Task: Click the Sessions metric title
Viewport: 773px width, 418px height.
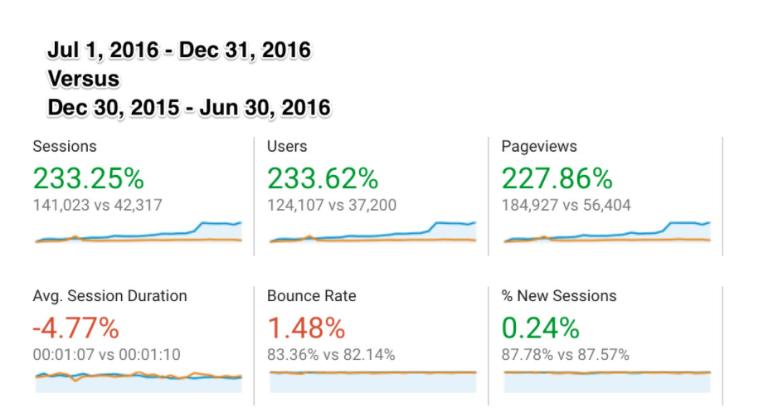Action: coord(65,147)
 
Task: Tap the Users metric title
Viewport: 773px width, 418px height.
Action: coord(287,147)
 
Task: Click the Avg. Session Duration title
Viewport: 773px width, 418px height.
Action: coord(109,296)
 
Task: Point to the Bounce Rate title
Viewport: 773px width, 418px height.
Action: coord(310,296)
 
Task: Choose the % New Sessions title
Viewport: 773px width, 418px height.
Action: coord(559,296)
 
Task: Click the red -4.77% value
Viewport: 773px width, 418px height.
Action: coord(75,328)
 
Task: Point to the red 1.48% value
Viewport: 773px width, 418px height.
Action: coord(306,328)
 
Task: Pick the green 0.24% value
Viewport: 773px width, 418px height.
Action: coord(541,328)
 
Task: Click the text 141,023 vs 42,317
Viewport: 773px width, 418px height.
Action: coord(98,205)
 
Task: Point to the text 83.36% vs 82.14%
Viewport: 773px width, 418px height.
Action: coord(331,355)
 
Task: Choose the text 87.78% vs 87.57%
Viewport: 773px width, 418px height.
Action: coord(566,355)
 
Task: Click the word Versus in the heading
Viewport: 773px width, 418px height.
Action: coord(84,79)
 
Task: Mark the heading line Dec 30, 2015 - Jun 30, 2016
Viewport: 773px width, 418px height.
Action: coord(189,107)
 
